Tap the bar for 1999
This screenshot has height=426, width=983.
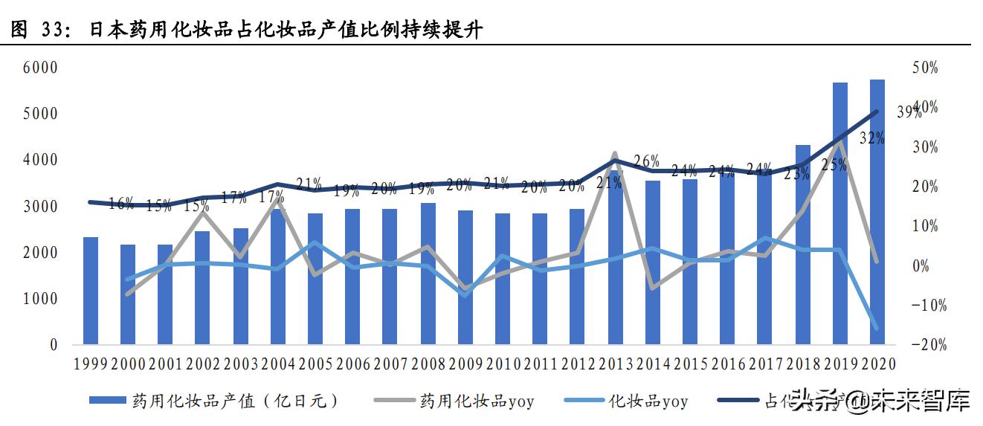(91, 291)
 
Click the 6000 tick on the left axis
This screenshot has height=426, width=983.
(43, 68)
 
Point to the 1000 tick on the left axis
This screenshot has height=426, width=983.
(43, 299)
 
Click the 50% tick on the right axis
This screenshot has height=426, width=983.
(924, 68)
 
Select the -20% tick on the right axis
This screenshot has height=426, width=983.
(924, 345)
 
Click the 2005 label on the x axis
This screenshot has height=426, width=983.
(315, 364)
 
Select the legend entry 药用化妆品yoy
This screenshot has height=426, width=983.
(477, 401)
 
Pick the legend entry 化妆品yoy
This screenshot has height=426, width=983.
(648, 401)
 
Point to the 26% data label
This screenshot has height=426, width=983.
(647, 161)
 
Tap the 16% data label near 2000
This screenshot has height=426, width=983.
(121, 203)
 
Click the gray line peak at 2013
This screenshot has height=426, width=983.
(615, 155)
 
